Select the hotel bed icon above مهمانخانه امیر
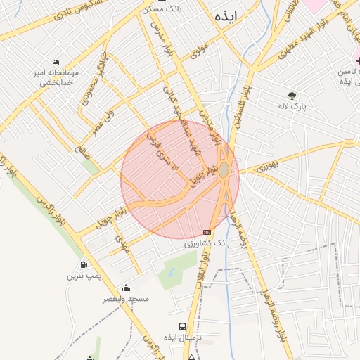(x=56, y=62)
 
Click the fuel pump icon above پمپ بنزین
(x=84, y=265)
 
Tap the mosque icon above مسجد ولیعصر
(x=126, y=288)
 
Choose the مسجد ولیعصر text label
(x=127, y=299)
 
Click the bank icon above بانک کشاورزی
(x=207, y=232)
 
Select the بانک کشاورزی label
(x=207, y=244)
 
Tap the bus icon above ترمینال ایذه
(x=183, y=327)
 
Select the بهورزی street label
(x=267, y=167)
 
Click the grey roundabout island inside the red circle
(x=224, y=170)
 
